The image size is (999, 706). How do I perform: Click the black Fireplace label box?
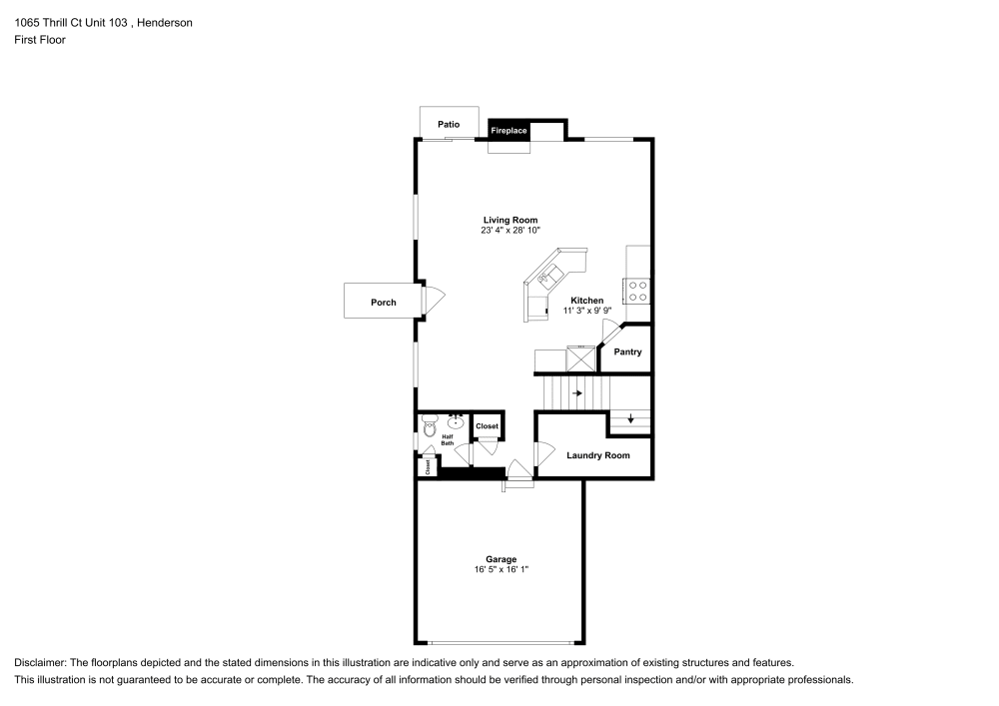coord(507,131)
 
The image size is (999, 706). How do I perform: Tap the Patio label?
coord(449,124)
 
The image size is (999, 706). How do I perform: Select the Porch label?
coord(384,302)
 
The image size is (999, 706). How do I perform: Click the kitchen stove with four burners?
coord(637,291)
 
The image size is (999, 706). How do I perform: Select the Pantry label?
coord(627,352)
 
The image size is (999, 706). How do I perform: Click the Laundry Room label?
coord(598,455)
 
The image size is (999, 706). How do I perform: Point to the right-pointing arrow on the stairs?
coord(577,392)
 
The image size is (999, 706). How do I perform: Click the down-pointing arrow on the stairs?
coord(629,418)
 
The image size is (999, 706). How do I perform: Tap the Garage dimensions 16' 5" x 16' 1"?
coord(500,569)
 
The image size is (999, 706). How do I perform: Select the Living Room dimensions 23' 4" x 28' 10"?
coord(510,230)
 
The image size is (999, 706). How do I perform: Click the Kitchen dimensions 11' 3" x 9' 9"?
coord(586,311)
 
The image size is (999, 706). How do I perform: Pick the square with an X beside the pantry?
coord(580,357)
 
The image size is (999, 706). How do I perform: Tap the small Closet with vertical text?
coord(427,465)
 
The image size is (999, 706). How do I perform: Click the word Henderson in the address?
coord(165,22)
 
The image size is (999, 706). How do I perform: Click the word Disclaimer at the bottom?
coord(39,663)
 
